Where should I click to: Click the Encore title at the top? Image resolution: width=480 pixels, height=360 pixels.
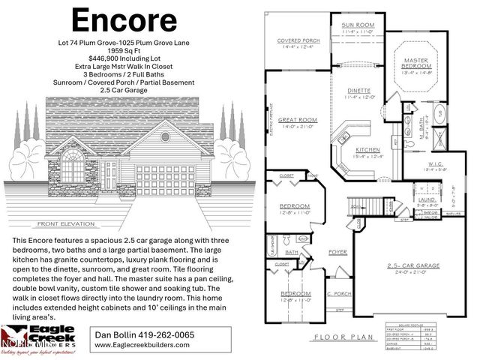point(125,20)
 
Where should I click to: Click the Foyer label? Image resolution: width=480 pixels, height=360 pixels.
point(339,252)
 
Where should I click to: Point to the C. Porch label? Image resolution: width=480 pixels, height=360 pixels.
point(339,292)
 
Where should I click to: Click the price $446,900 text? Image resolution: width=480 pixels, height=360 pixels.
point(125,57)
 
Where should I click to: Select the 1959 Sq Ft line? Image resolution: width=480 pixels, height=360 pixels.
point(125,49)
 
